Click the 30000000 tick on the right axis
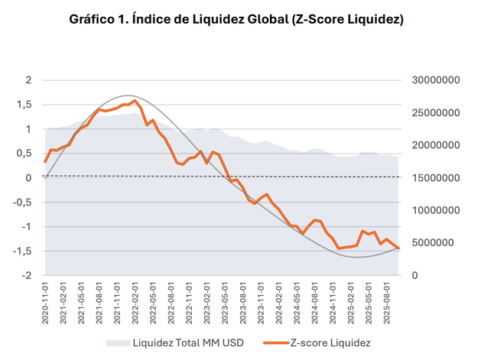[x=434, y=80]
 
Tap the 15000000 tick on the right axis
[x=434, y=178]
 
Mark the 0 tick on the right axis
[x=414, y=276]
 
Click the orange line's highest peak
[x=135, y=100]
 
